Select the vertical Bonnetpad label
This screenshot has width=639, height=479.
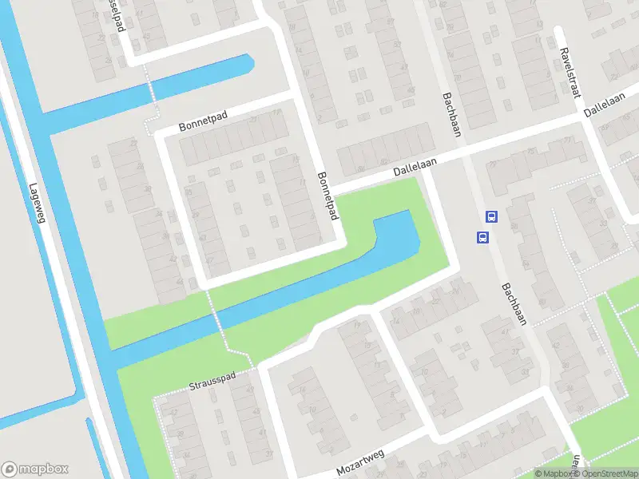click(x=327, y=197)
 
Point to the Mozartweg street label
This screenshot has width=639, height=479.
click(x=360, y=462)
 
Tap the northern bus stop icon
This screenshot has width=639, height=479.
click(x=491, y=216)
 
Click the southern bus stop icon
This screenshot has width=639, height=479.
click(x=482, y=237)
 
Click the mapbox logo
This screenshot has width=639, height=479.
click(x=35, y=469)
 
